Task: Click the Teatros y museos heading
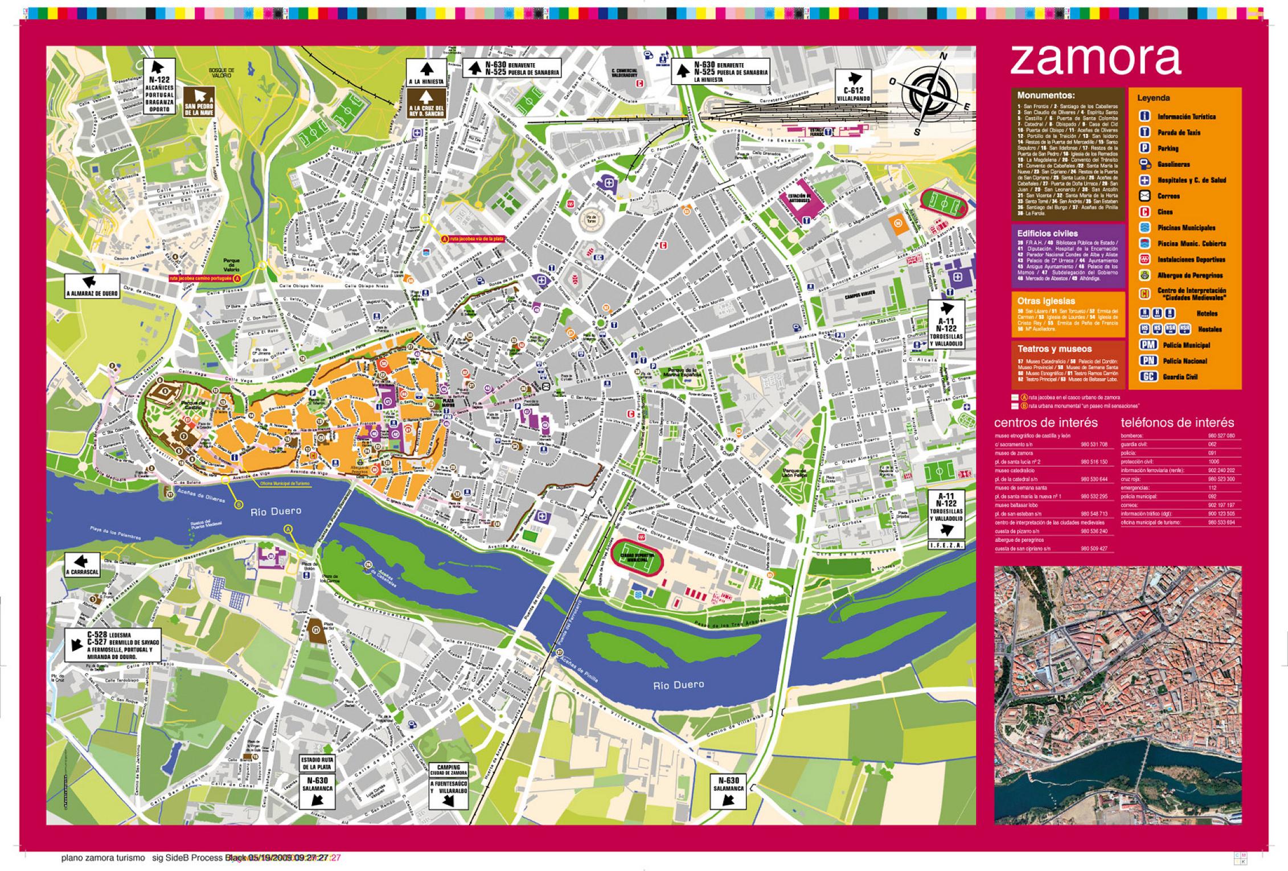(x=1047, y=348)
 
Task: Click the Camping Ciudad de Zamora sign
(x=449, y=786)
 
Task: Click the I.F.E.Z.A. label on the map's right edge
(x=946, y=545)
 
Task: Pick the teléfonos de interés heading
(x=1177, y=422)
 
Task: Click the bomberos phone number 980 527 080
(x=1221, y=435)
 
